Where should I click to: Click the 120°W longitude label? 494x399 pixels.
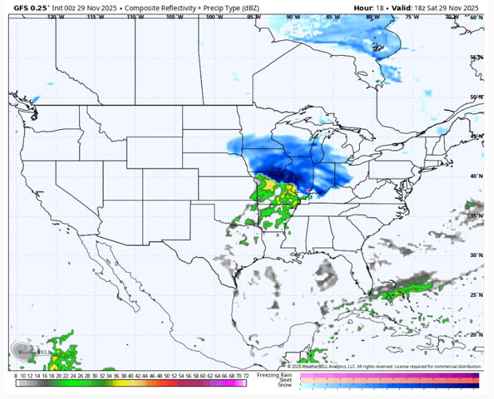coord(55,17)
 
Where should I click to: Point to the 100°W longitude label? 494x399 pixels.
coord(214,17)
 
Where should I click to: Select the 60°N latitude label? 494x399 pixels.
coord(476,17)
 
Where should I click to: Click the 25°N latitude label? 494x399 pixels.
coord(476,294)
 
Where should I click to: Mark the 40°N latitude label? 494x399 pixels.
coord(476,176)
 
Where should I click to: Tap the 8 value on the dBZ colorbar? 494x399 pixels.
coord(15,375)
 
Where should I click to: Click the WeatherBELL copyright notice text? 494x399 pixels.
coord(384,366)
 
